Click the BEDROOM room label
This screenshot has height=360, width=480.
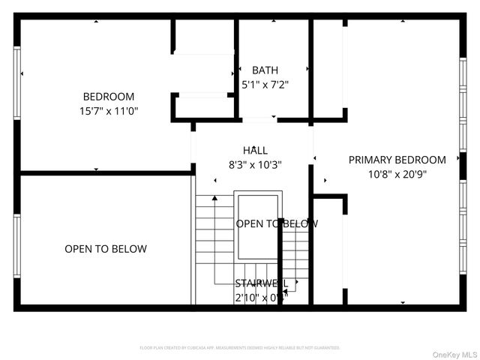(109, 96)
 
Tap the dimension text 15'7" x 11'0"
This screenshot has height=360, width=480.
(109, 110)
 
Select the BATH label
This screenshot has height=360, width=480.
(265, 70)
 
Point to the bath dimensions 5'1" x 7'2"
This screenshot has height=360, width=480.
(265, 84)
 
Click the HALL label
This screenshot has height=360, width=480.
(255, 150)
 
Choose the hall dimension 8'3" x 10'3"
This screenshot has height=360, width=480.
(255, 164)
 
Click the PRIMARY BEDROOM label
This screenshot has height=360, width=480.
(397, 159)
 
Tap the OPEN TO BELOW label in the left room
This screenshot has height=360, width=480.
(106, 248)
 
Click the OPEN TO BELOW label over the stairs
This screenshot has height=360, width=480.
(277, 223)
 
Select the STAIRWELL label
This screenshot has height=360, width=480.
(260, 283)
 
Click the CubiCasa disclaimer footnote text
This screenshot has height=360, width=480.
(240, 348)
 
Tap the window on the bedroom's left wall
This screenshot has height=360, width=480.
(16, 73)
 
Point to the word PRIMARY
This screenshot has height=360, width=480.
(373, 159)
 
